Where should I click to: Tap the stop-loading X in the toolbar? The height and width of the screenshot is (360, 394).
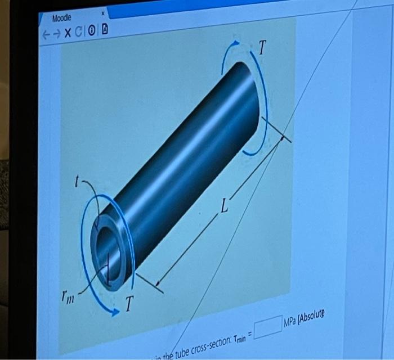[68, 33]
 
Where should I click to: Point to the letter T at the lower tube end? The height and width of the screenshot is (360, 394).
[129, 305]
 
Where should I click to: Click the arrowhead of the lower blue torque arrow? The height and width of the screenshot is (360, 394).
[115, 313]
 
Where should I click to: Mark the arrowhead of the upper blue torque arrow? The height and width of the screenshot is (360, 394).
[240, 43]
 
